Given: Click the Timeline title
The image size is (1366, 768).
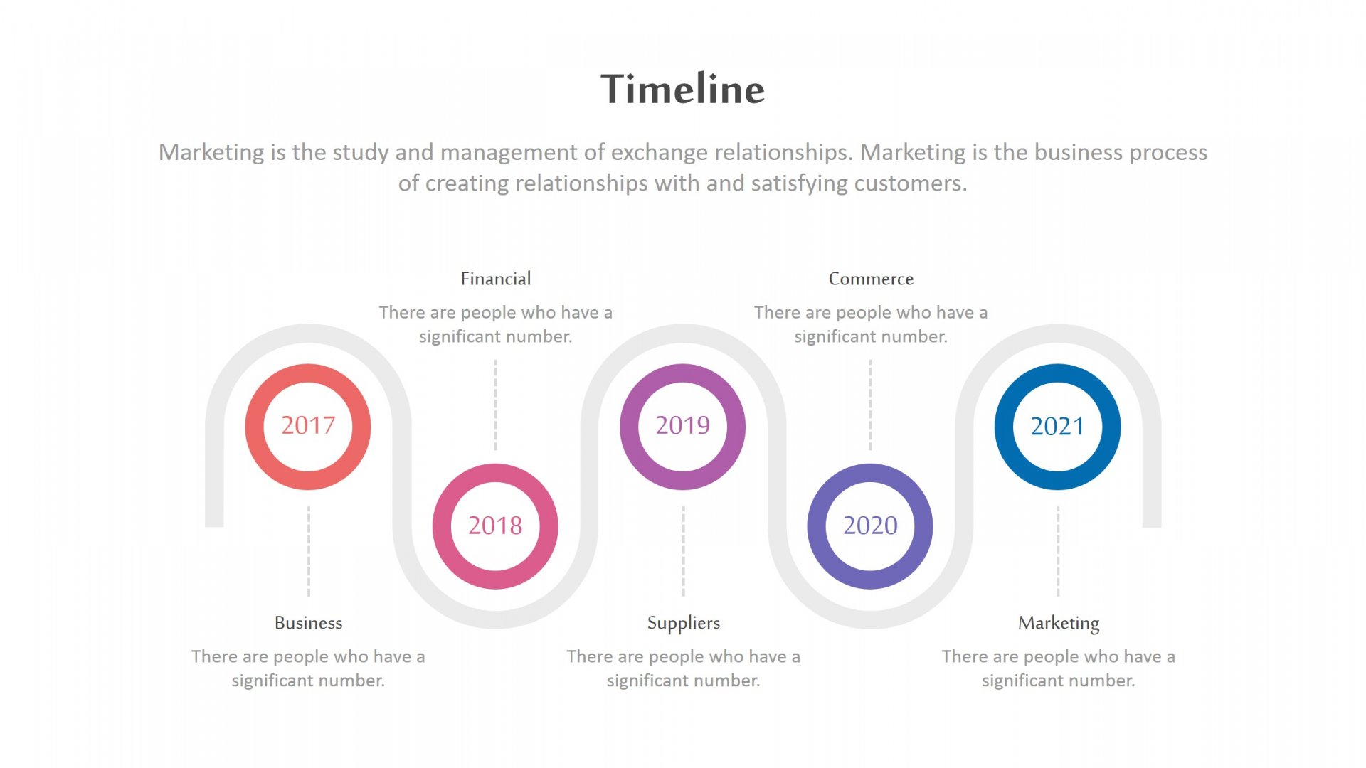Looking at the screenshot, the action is (683, 89).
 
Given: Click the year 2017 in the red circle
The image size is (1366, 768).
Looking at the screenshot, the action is (308, 425).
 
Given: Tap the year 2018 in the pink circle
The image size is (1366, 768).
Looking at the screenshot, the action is (495, 526).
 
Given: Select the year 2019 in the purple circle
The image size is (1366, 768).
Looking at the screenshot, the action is (683, 425).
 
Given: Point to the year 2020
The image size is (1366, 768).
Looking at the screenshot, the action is (870, 526).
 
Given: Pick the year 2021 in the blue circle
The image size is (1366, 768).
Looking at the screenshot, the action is (1057, 426).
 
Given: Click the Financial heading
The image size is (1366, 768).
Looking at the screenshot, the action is (496, 279).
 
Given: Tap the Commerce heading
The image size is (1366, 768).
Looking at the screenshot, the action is (871, 279).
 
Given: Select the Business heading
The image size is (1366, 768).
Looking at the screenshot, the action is (309, 623).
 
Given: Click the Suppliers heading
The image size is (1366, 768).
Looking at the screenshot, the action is (684, 624).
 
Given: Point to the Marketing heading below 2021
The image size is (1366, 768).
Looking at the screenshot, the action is (1059, 624).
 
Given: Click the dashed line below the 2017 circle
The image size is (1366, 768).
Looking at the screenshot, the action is (309, 551).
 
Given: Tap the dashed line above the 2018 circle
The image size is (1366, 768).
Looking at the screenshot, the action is (496, 405).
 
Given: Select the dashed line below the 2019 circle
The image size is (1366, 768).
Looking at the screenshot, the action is (684, 551).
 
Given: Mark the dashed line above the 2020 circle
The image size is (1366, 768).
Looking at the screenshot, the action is (870, 405).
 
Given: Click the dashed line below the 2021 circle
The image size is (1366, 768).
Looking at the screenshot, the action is (1058, 551).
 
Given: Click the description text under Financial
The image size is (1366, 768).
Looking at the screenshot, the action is (496, 324).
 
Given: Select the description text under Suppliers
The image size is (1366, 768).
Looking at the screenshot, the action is (684, 668).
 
